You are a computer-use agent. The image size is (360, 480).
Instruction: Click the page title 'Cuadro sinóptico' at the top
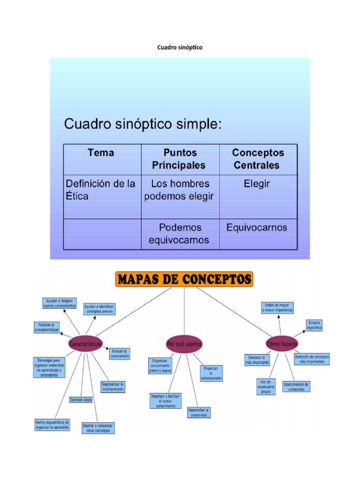click(x=180, y=47)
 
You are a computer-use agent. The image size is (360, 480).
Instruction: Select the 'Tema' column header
click(x=101, y=153)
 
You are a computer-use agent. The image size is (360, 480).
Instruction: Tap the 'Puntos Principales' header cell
click(x=180, y=159)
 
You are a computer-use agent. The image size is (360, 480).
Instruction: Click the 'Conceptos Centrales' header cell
click(x=257, y=159)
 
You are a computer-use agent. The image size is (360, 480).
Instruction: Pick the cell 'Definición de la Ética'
click(x=100, y=189)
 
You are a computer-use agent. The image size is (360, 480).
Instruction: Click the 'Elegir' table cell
click(x=257, y=184)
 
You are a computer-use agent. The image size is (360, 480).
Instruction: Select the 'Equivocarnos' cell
click(x=257, y=228)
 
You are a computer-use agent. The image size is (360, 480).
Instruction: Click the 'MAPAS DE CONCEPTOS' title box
click(x=184, y=280)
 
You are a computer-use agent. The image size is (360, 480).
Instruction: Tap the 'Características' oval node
click(x=85, y=344)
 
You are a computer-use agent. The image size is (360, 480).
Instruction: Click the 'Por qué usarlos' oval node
click(x=184, y=344)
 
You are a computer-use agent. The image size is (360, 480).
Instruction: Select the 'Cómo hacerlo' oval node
click(x=282, y=344)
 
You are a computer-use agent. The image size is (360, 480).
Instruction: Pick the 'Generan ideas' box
click(x=81, y=400)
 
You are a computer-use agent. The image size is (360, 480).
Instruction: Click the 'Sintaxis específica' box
click(x=315, y=325)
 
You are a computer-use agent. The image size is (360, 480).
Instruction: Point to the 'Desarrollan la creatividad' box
click(x=199, y=412)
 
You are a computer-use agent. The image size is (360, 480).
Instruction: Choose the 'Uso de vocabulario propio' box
click(x=266, y=387)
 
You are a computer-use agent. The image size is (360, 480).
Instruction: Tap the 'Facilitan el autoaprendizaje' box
click(x=46, y=327)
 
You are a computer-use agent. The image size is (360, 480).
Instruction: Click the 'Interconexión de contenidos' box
click(x=296, y=387)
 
